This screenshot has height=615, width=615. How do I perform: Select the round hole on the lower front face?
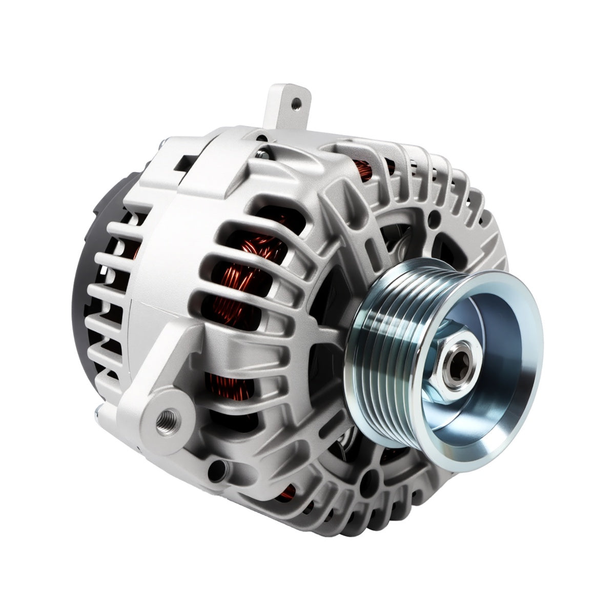365,482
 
